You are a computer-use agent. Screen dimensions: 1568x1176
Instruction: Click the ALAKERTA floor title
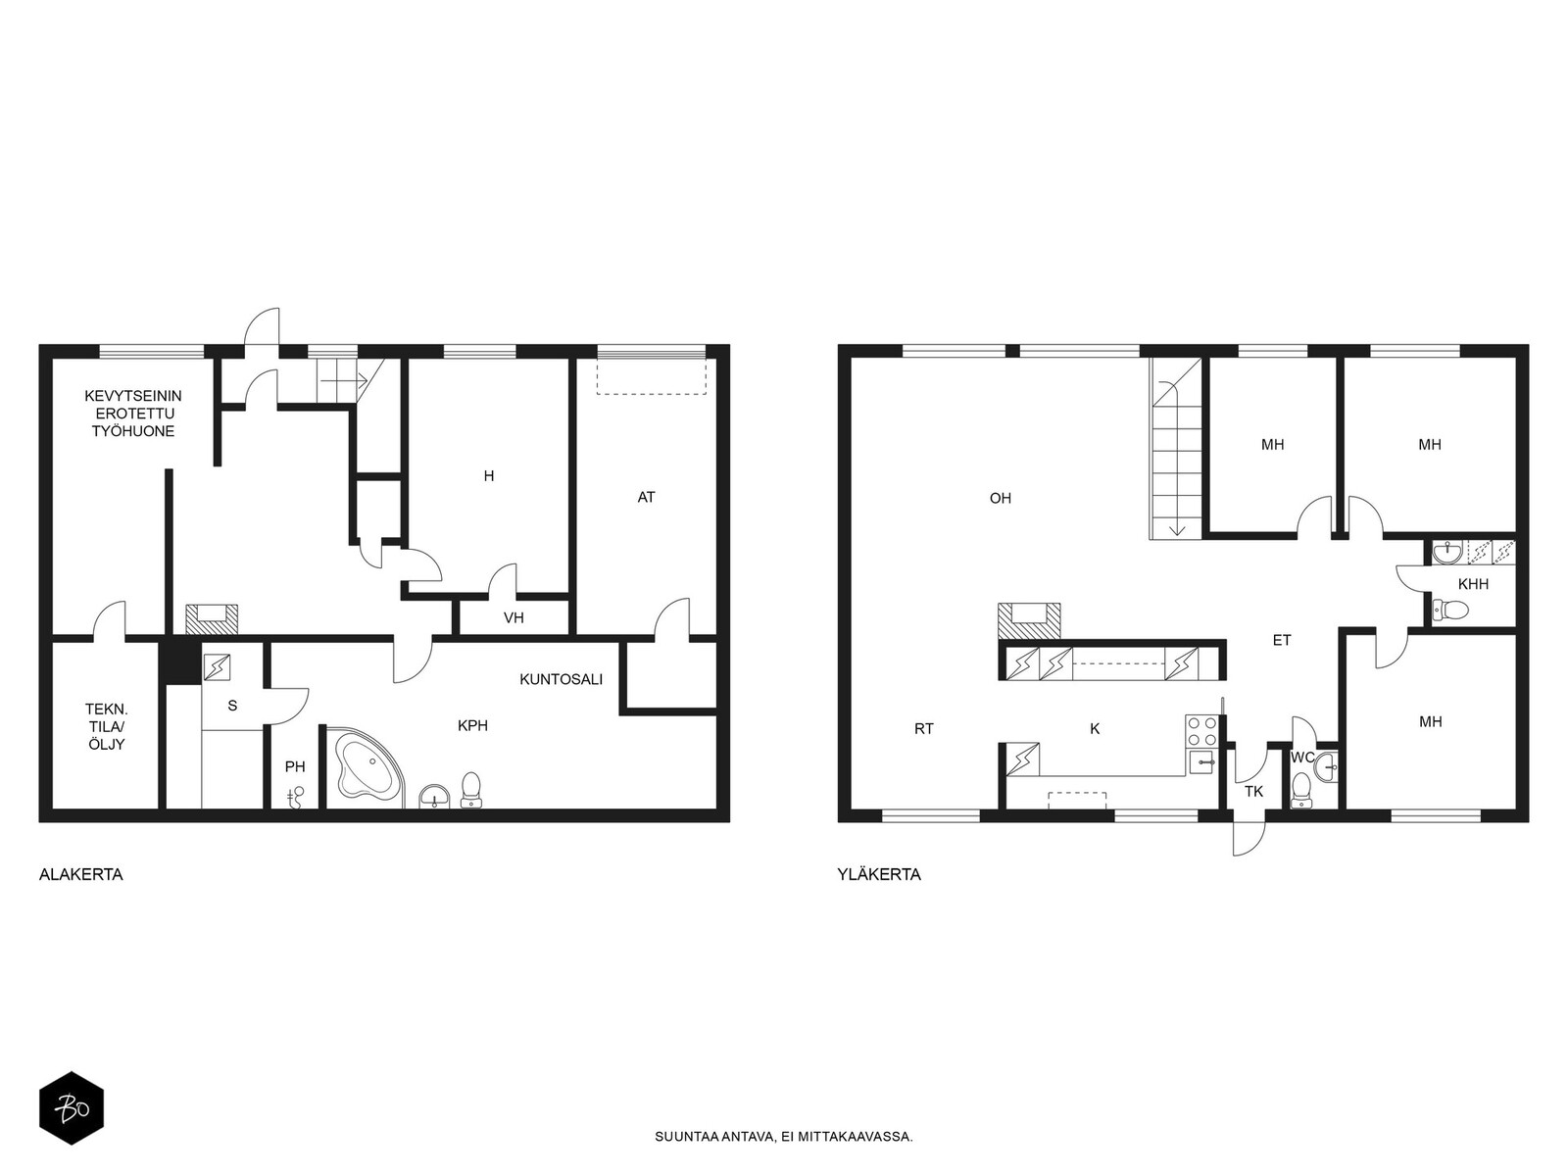80,875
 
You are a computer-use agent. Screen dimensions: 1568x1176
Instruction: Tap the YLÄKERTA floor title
879,875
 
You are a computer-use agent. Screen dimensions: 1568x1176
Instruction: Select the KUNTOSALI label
561,679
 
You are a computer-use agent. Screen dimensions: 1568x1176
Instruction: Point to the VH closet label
514,618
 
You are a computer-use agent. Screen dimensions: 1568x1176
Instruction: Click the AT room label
646,498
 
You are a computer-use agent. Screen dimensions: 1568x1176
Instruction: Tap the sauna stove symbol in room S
218,667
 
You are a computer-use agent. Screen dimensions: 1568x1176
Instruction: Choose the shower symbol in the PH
296,797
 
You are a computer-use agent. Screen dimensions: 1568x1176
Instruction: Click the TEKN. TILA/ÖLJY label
106,727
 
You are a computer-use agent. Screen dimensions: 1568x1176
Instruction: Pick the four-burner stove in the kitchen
1200,731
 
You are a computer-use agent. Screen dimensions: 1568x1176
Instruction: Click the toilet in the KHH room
1450,610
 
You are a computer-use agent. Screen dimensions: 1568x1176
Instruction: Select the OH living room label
1001,499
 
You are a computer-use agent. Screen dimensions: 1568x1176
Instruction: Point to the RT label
924,729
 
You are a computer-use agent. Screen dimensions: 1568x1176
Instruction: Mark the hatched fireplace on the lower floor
212,619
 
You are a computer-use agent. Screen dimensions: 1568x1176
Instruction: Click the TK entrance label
1253,792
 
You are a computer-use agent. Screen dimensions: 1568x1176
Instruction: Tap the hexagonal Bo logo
72,1108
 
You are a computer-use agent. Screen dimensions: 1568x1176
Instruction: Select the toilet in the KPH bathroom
470,790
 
